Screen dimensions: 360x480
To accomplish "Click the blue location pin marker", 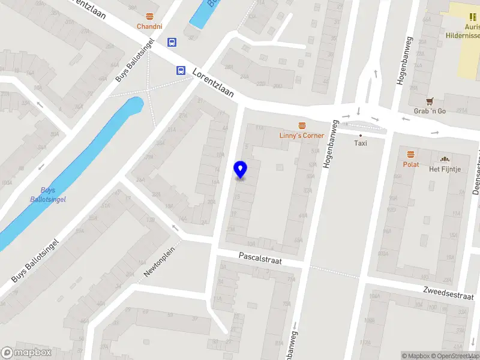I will [x=241, y=170].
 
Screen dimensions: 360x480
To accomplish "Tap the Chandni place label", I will [x=149, y=26].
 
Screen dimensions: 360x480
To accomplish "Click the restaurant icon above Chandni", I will [x=149, y=16].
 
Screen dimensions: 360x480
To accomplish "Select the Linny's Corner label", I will [x=302, y=136].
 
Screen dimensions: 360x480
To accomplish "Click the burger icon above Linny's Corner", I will [x=302, y=125].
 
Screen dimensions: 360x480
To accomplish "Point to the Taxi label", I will [x=361, y=143].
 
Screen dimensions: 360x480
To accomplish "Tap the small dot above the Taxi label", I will [x=361, y=136].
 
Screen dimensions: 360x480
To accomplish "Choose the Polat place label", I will [x=411, y=164].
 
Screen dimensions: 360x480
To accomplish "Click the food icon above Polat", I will [x=411, y=154].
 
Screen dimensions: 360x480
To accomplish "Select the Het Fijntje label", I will [x=445, y=169].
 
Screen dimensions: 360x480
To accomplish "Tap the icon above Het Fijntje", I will [x=445, y=159].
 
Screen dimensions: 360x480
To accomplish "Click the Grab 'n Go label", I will [x=430, y=112].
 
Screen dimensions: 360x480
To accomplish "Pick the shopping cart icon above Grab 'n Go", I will [x=430, y=101].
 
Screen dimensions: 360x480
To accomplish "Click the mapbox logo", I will [x=26, y=353].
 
